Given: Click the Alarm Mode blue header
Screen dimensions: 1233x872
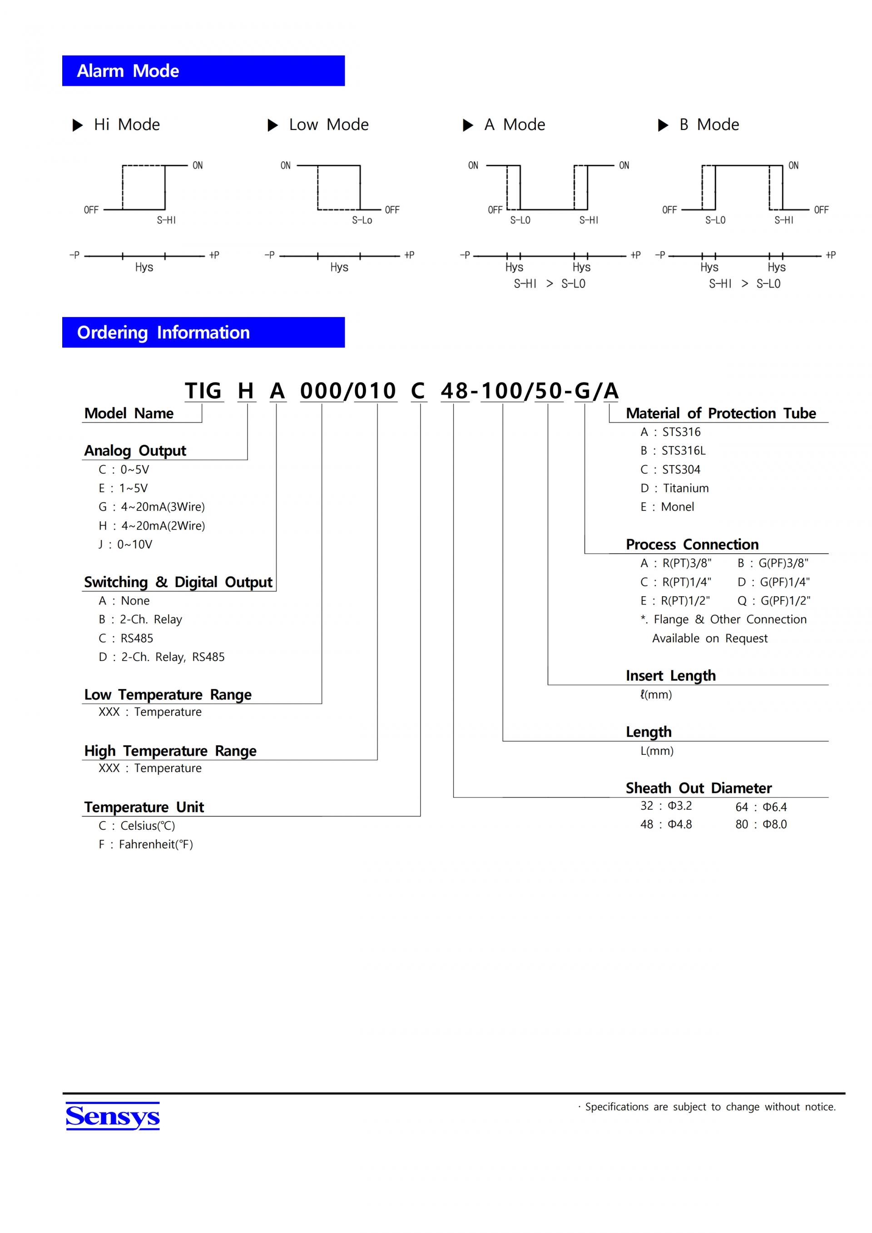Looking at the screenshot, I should click(203, 70).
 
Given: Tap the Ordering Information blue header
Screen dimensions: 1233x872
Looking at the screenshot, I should click(203, 332).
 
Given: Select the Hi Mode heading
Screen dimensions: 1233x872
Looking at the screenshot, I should click(126, 124).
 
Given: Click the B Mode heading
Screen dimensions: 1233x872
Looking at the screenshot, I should click(709, 124).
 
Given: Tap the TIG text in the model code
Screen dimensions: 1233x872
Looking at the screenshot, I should click(203, 391).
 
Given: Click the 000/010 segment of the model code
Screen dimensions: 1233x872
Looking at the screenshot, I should click(348, 391).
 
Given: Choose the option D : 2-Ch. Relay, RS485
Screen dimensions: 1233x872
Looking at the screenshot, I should click(161, 657).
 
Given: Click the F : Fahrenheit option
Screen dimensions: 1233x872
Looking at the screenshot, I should click(145, 844).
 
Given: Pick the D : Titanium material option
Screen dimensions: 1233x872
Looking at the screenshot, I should click(674, 488).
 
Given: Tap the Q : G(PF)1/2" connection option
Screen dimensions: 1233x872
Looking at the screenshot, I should click(774, 600).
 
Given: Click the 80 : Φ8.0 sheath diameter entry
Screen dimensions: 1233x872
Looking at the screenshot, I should click(761, 824).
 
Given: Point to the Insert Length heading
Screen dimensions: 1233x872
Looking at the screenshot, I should click(671, 676).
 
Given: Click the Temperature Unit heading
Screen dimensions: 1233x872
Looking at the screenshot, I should click(144, 807).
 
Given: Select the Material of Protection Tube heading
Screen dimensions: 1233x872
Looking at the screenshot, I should click(721, 413).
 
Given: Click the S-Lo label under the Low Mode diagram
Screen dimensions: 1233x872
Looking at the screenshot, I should click(362, 220).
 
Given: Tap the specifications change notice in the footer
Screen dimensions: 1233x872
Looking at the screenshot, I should click(710, 1107).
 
